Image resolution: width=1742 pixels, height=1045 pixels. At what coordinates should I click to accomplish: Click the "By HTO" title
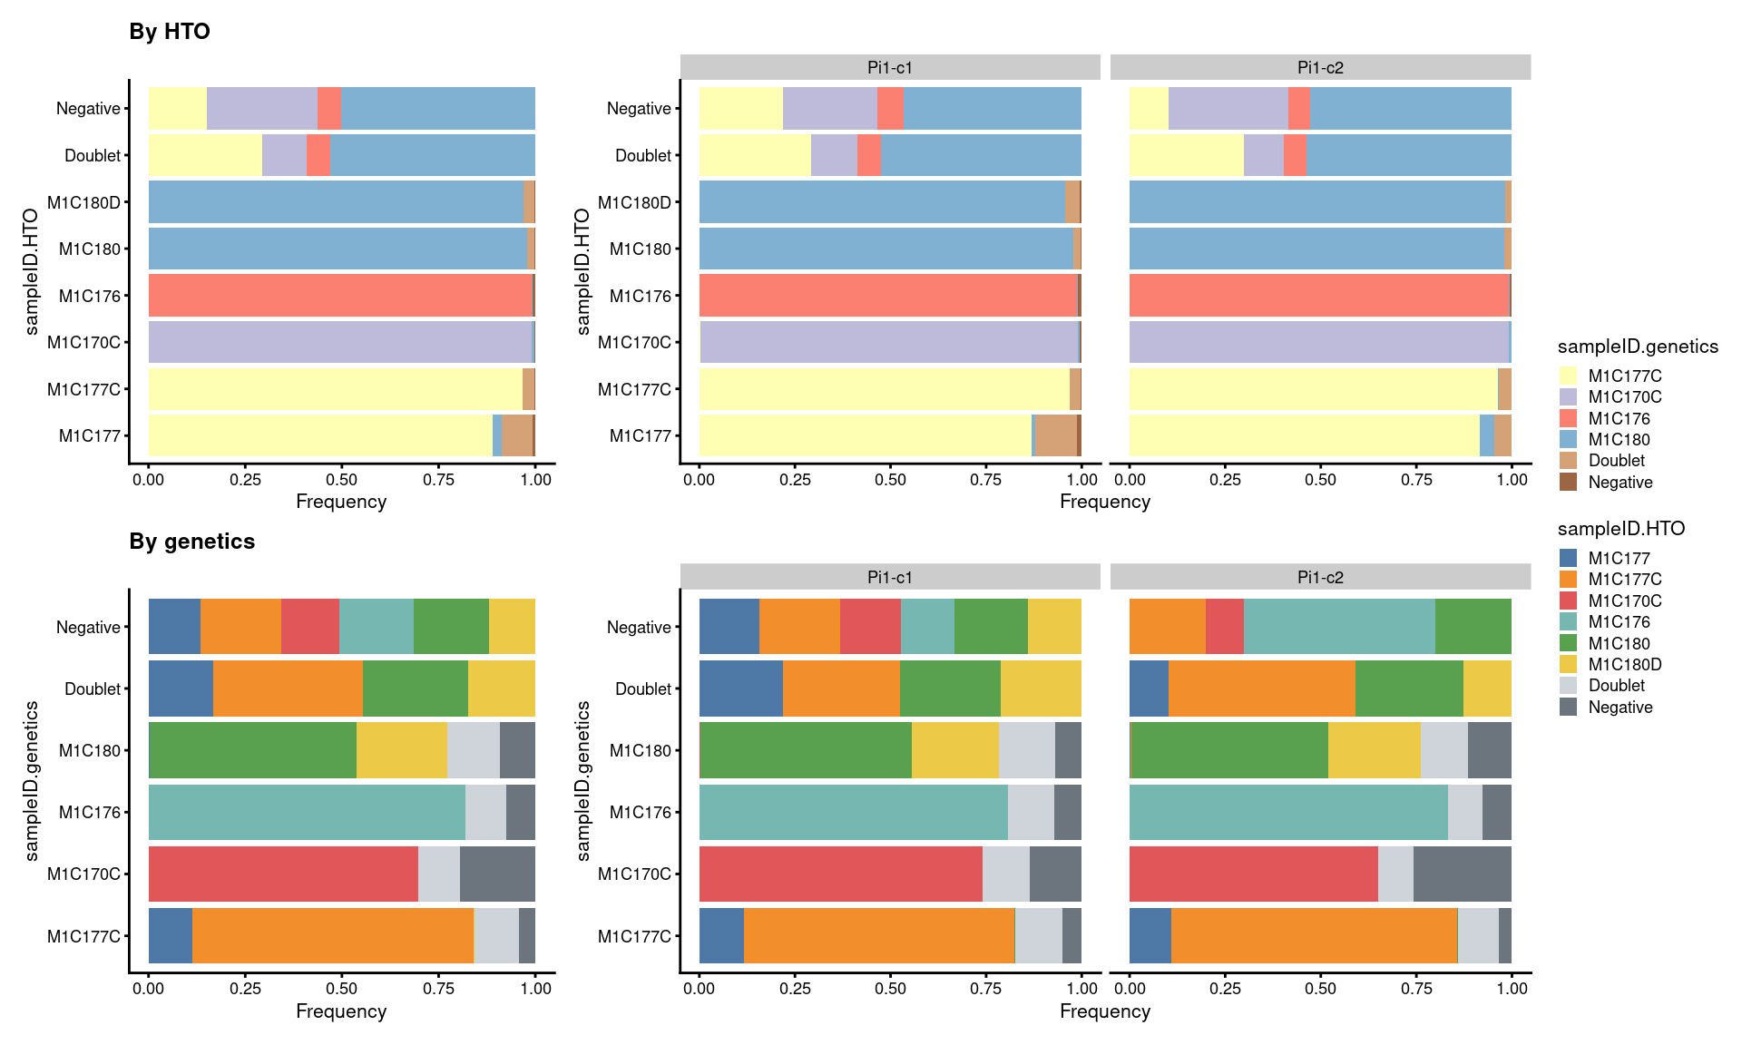pyautogui.click(x=170, y=32)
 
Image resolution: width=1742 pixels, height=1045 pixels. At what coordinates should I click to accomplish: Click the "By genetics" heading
pyautogui.click(x=191, y=542)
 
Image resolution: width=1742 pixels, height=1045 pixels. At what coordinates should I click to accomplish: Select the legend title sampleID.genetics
pyautogui.click(x=1638, y=347)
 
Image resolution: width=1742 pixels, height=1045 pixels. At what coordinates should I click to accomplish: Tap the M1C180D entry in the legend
pyautogui.click(x=1624, y=665)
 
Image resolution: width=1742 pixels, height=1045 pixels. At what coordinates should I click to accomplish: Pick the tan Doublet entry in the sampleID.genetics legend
pyautogui.click(x=1616, y=461)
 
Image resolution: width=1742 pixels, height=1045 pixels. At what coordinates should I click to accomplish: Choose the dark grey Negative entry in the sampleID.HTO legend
pyautogui.click(x=1620, y=708)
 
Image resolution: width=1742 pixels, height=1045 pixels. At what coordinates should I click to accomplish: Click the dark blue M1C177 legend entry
pyautogui.click(x=1618, y=559)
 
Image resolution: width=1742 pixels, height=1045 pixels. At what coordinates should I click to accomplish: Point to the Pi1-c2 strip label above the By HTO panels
pyautogui.click(x=1320, y=68)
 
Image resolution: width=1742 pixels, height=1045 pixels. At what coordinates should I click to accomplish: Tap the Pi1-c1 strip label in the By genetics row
pyautogui.click(x=889, y=578)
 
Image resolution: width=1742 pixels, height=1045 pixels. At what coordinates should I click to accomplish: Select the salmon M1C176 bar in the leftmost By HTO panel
pyautogui.click(x=340, y=296)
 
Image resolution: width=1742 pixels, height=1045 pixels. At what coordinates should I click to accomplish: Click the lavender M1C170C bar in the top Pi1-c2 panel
pyautogui.click(x=1318, y=342)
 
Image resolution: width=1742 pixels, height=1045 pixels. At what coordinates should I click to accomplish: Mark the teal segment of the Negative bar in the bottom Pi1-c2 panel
pyautogui.click(x=1339, y=627)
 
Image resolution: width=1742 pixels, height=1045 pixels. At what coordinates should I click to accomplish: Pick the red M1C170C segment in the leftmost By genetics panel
pyautogui.click(x=283, y=874)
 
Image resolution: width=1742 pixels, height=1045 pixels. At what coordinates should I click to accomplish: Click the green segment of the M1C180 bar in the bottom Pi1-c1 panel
pyautogui.click(x=805, y=750)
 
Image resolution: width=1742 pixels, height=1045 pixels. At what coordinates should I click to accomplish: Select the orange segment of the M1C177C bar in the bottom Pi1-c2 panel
pyautogui.click(x=1314, y=935)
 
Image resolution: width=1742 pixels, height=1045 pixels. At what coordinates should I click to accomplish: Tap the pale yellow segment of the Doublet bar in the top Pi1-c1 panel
pyautogui.click(x=755, y=155)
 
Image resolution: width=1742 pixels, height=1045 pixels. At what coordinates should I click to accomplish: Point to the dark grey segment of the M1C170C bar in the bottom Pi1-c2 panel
pyautogui.click(x=1462, y=874)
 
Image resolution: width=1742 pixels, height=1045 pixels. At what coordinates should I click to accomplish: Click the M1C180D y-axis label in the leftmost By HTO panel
pyautogui.click(x=83, y=202)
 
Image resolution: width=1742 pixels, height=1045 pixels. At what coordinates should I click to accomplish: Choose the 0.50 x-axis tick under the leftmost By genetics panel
pyautogui.click(x=341, y=989)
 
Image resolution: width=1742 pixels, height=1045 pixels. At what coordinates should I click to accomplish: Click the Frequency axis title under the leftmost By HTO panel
pyautogui.click(x=341, y=502)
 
